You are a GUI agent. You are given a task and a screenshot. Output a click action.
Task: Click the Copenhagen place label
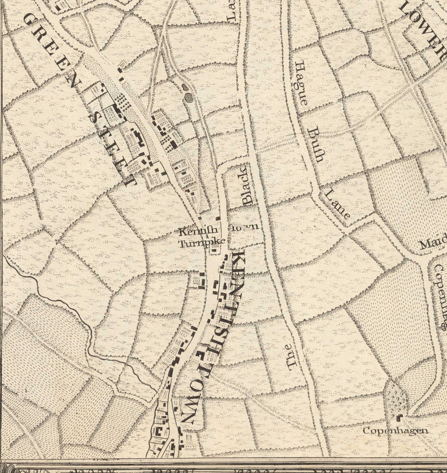click(395, 430)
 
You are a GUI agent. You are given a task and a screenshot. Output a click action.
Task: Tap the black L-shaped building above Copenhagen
click(398, 417)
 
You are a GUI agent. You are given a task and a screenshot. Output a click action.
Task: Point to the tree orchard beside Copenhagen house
click(396, 397)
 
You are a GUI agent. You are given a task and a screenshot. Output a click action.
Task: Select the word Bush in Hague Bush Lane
click(315, 144)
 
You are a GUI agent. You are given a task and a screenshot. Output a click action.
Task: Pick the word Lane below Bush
click(338, 204)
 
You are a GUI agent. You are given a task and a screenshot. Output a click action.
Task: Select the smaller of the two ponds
click(185, 88)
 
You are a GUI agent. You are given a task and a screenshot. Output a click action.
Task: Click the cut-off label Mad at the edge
click(432, 245)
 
